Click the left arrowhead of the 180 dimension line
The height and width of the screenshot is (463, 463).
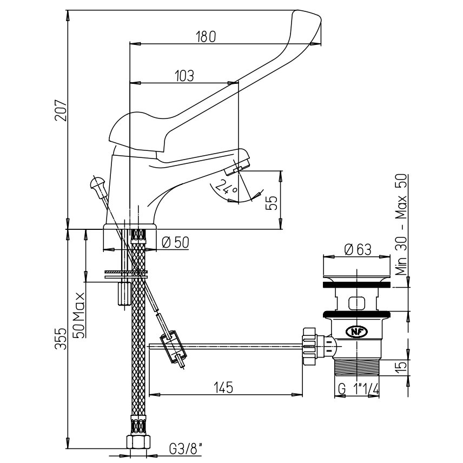pos(135,44)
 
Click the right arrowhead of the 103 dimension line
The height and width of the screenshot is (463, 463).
pos(233,83)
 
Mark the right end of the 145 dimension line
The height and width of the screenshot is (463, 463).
pos(302,394)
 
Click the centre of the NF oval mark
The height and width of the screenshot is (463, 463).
pos(356,332)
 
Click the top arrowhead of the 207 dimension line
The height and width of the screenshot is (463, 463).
pos(68,15)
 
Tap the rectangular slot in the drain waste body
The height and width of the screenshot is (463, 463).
pos(356,303)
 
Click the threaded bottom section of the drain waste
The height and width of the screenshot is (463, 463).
pos(356,367)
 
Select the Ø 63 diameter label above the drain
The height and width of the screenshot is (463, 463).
pos(358,249)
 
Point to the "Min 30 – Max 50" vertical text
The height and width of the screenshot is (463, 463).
pos(401,225)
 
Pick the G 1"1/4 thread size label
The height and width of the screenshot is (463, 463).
pos(358,389)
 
